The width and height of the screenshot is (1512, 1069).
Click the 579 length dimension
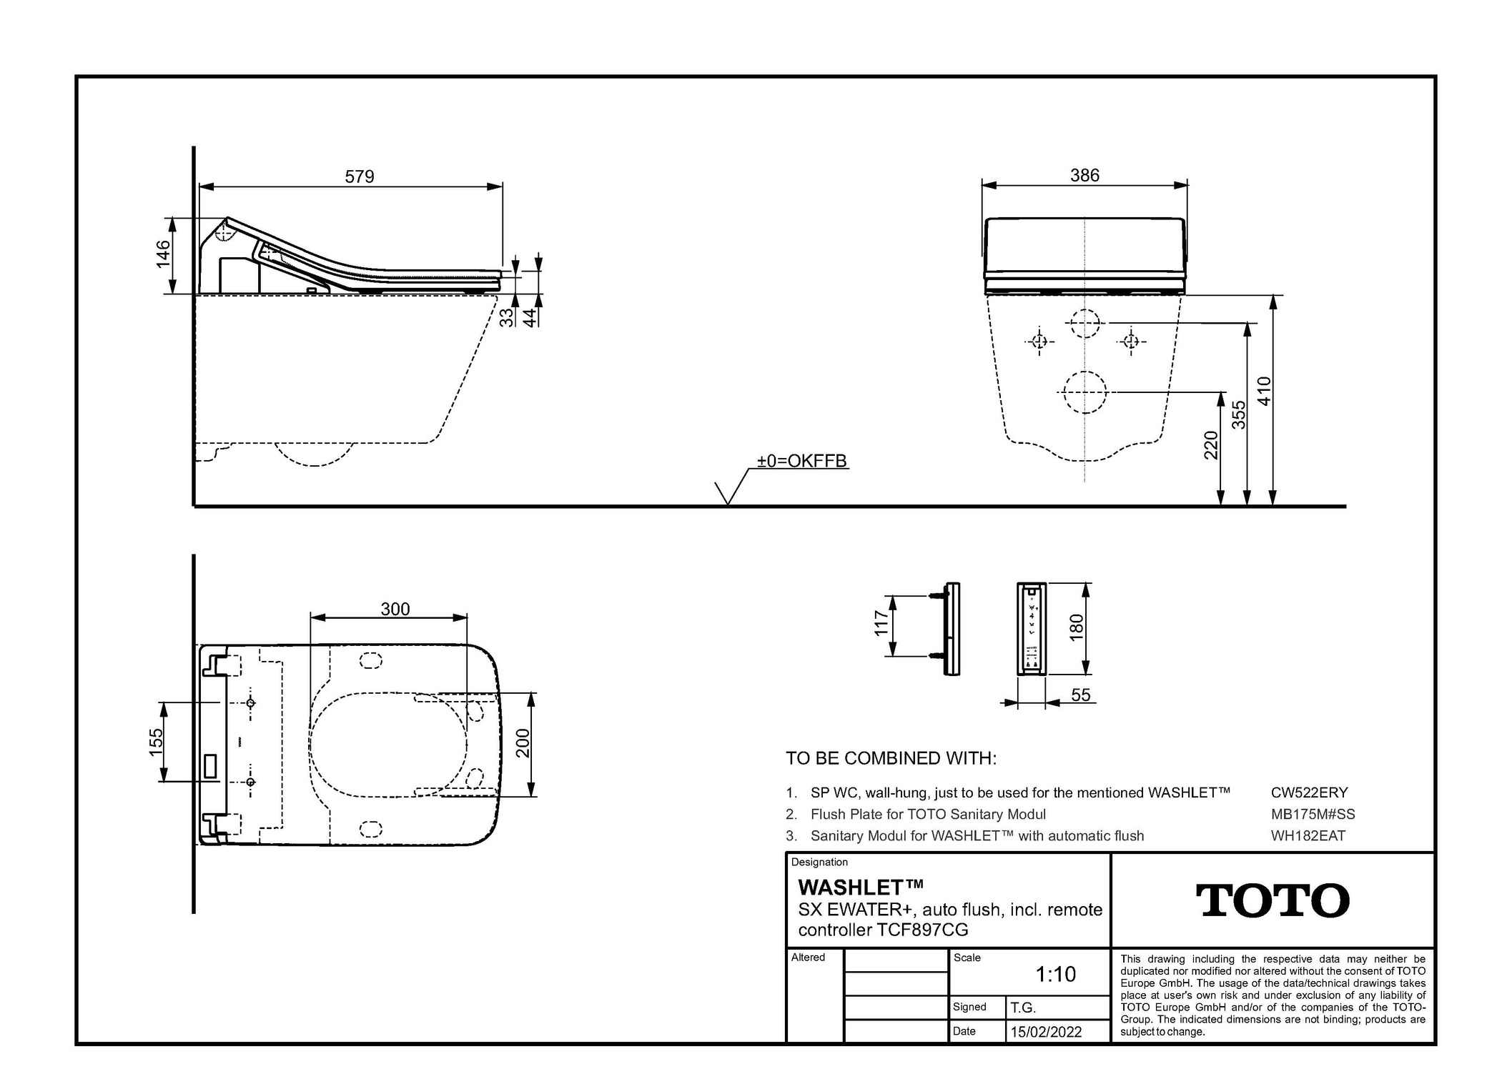359,176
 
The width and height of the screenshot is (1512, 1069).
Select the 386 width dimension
1084,175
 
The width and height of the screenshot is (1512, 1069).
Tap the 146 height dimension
164,254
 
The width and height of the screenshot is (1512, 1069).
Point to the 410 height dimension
1265,391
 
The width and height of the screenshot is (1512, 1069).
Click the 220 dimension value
1211,445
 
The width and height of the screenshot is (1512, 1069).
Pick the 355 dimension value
1239,414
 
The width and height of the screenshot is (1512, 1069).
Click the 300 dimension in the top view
395,609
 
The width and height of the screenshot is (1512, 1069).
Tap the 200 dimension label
523,743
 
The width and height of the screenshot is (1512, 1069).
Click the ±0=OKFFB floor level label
802,461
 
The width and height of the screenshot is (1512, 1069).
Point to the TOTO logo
1273,900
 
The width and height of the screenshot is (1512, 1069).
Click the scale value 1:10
1055,974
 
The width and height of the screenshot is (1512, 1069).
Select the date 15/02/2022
1046,1032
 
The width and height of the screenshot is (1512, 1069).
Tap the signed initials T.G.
1022,1008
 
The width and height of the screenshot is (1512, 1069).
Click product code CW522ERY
1309,792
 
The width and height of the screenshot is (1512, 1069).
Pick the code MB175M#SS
1313,814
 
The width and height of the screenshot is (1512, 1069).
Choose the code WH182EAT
1308,835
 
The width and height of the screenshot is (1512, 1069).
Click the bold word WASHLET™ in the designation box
860,887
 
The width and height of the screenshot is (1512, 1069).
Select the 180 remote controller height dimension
1077,627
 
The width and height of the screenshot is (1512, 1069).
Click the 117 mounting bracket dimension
881,623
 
